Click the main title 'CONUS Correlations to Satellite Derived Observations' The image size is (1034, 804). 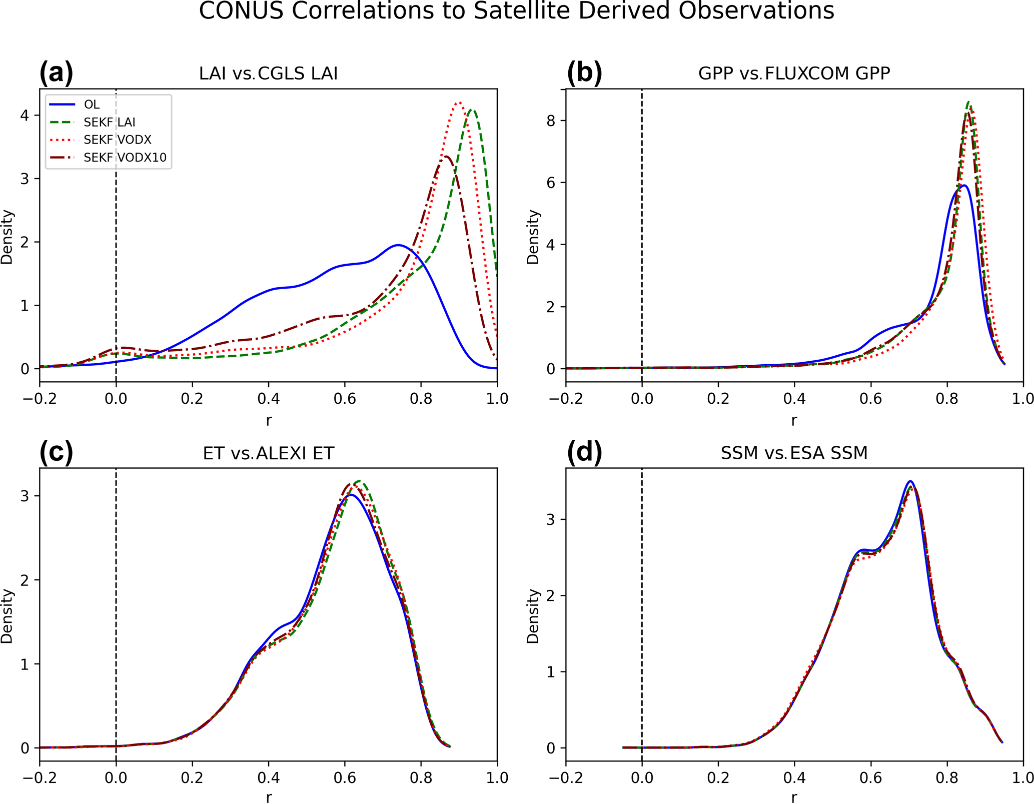(516, 11)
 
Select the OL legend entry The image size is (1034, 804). (92, 105)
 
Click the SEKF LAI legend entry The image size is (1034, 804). (109, 123)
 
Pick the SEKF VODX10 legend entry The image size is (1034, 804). (125, 158)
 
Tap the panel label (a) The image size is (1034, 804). (56, 73)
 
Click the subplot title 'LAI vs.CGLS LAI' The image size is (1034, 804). (268, 74)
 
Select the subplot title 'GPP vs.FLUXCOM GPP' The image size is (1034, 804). (794, 74)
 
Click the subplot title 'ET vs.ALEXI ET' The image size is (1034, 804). (268, 453)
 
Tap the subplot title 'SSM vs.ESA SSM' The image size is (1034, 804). (794, 453)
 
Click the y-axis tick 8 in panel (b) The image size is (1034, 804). (551, 121)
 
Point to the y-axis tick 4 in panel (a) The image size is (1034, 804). (25, 115)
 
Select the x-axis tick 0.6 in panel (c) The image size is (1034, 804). (345, 777)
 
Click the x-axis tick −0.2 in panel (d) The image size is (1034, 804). (566, 777)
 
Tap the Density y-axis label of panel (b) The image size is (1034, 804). (533, 237)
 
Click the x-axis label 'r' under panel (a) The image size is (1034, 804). (269, 420)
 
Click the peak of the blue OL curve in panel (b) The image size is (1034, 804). (963, 185)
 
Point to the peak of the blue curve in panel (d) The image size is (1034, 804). (910, 481)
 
